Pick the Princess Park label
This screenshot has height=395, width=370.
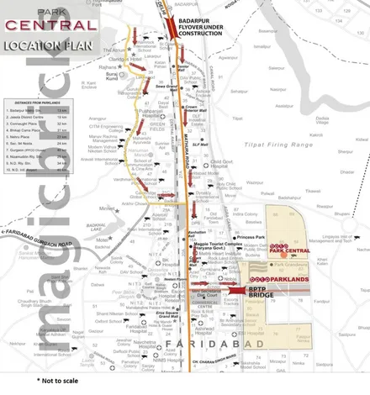pyautogui.click(x=251, y=238)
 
